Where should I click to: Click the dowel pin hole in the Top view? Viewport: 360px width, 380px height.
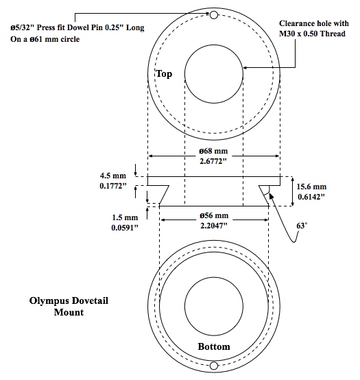coord(214,15)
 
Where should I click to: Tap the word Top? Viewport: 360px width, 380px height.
coord(164,73)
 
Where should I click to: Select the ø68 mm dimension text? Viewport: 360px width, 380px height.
coord(213,151)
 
